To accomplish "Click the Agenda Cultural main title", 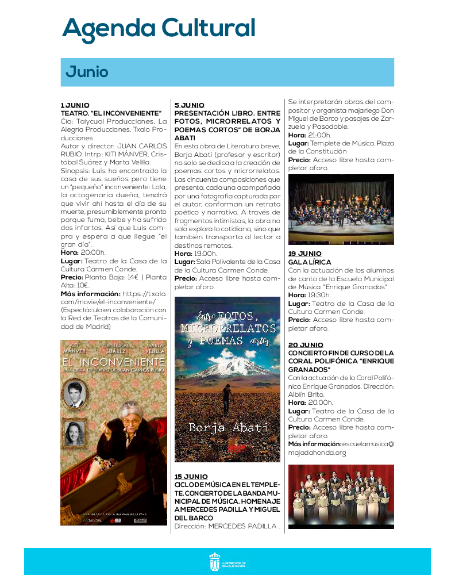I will point(159,28).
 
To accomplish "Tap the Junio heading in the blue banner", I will point(87,72).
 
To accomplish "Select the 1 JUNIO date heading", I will point(75,105).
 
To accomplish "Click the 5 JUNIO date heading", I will point(189,105).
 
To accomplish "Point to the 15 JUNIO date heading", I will point(191,477).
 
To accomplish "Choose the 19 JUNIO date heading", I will point(304,254).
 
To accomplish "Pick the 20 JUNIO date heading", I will point(306,345).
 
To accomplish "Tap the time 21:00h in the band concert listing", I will point(319,135).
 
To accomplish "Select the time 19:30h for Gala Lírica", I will point(319,295).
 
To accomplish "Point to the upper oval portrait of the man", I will point(74,394).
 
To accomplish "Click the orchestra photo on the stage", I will point(341,210).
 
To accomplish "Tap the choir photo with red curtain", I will point(341,496).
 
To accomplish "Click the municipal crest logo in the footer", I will point(214,562).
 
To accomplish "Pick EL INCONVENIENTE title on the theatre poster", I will point(113,362).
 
